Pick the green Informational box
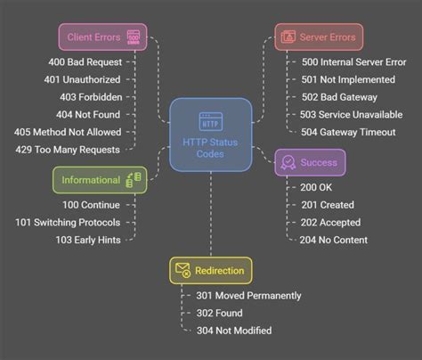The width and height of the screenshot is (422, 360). pyautogui.click(x=98, y=180)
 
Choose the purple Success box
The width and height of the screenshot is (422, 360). pyautogui.click(x=310, y=162)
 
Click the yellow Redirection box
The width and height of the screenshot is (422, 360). pyautogui.click(x=210, y=271)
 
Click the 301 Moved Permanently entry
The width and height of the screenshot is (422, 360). pyautogui.click(x=248, y=296)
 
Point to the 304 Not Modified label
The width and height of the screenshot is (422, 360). pyautogui.click(x=234, y=331)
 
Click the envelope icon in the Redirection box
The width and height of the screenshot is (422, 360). pyautogui.click(x=183, y=270)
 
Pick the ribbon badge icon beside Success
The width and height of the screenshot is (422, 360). pyautogui.click(x=288, y=161)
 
